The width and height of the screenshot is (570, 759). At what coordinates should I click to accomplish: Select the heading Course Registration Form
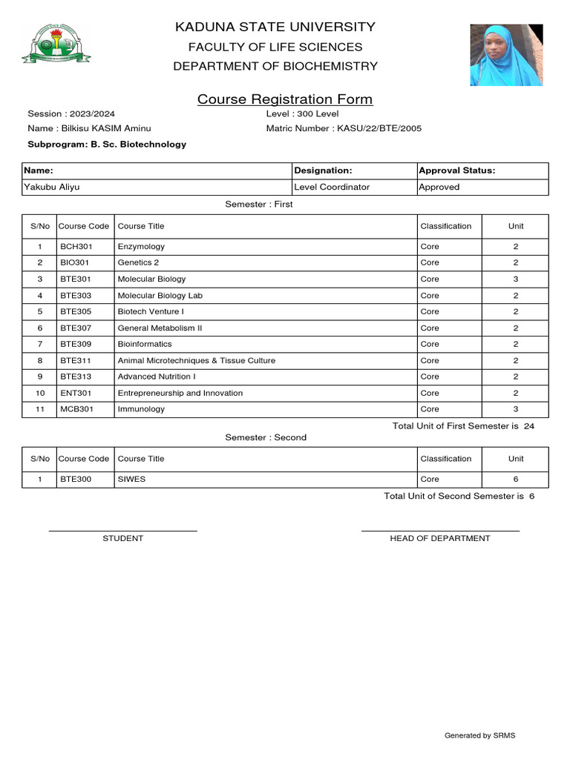(285, 99)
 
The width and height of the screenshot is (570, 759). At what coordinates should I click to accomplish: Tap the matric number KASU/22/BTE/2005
(379, 128)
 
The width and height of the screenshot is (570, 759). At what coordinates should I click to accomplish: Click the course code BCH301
(76, 246)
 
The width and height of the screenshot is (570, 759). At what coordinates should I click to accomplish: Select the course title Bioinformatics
(145, 344)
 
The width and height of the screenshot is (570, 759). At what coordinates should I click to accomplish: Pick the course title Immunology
(141, 409)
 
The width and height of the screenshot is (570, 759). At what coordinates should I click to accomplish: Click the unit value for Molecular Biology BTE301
(515, 279)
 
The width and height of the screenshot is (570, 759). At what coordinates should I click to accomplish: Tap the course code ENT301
(76, 393)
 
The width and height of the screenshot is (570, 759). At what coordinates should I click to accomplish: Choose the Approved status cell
(439, 187)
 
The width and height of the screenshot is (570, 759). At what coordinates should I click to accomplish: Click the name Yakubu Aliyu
(52, 187)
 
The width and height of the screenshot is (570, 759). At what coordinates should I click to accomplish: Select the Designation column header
(323, 170)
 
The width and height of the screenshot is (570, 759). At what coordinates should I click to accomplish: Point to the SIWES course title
(131, 479)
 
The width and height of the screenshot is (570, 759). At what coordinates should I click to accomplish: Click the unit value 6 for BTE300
(515, 479)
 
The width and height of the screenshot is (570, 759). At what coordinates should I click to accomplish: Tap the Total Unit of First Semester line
(462, 426)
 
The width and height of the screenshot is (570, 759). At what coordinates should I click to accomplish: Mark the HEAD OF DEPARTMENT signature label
(439, 538)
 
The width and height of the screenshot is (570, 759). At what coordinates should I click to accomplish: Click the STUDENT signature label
(122, 538)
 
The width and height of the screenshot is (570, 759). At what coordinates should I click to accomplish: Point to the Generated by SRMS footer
(479, 735)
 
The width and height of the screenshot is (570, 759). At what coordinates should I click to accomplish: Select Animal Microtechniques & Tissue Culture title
(197, 360)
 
